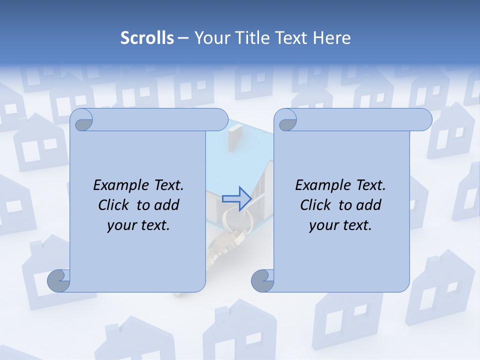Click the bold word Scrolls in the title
coord(147,38)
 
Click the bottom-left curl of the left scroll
coord(58,281)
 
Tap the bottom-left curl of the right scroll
coord(261,281)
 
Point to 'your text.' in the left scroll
coord(138,225)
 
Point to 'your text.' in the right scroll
coord(340,225)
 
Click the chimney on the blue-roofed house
coord(234,138)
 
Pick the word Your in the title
coord(210,38)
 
